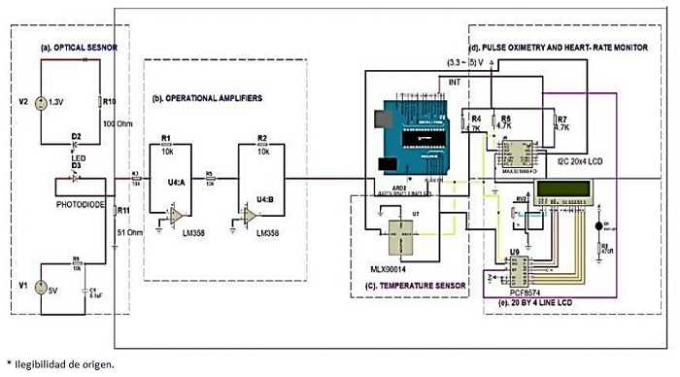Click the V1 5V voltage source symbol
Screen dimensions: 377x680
click(x=41, y=287)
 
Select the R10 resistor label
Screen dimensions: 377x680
click(x=109, y=101)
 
